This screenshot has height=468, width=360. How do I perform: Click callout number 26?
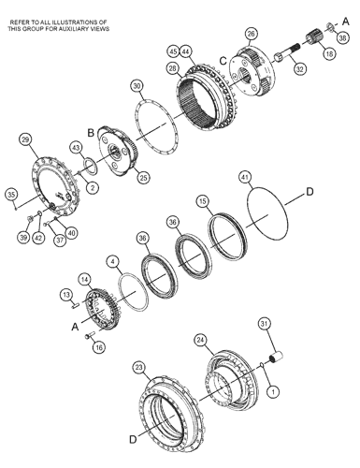coord(252,34)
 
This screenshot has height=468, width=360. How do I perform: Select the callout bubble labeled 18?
coord(329,53)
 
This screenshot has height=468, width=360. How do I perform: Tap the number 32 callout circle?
coord(299,69)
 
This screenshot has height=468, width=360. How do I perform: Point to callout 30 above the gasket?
coord(137,86)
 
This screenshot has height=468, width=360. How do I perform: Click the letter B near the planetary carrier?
coord(91,133)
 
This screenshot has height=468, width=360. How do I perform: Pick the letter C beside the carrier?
coord(223,61)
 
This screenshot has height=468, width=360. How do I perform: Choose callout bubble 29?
coord(25,139)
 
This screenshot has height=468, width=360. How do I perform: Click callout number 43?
coord(76,147)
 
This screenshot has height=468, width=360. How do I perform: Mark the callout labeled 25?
coord(143,178)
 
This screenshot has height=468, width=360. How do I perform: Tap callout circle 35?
coord(11,195)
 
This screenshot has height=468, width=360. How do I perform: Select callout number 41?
coord(245,177)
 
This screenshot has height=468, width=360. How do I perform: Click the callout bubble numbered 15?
coord(203,201)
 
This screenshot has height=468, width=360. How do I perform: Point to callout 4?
coord(113,261)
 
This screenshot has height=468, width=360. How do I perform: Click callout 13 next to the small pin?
coord(66,295)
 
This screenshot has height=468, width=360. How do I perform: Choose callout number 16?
coord(99,347)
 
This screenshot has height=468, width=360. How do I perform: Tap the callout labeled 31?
coord(265,324)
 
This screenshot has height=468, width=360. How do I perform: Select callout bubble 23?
coord(139,368)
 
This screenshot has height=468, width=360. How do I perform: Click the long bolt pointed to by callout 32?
coord(286,52)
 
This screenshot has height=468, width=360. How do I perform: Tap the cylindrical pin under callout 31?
coord(276,357)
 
